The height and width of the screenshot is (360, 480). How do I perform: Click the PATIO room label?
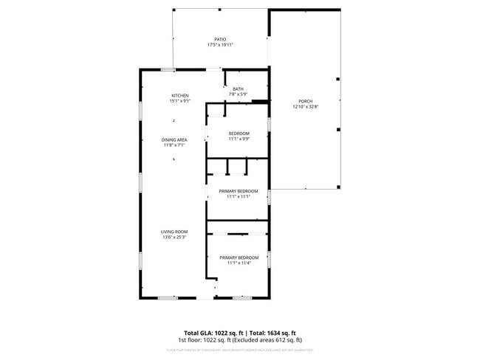(x=220, y=40)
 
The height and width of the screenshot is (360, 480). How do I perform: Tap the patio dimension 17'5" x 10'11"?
(x=220, y=45)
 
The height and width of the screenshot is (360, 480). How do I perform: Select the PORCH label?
(x=305, y=101)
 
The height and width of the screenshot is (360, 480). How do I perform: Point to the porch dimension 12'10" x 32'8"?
(x=305, y=106)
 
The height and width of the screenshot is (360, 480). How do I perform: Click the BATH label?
(x=238, y=89)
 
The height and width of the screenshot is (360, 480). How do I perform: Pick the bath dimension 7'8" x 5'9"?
(x=238, y=94)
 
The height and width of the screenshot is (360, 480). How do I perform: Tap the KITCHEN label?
(x=180, y=95)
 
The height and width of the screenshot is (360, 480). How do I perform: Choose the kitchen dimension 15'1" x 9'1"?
(x=180, y=100)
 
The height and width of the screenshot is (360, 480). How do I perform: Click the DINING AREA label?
(x=175, y=139)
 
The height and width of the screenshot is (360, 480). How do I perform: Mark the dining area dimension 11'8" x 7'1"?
(x=175, y=145)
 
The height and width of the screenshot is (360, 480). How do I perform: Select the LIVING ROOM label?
(x=175, y=232)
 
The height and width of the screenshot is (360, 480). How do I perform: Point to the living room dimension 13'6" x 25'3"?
(x=175, y=238)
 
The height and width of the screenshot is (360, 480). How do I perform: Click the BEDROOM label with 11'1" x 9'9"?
(x=239, y=133)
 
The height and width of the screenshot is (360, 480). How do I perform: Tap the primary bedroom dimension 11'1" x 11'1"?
(x=239, y=196)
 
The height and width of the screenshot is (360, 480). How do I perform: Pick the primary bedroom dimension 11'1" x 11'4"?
(x=239, y=263)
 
